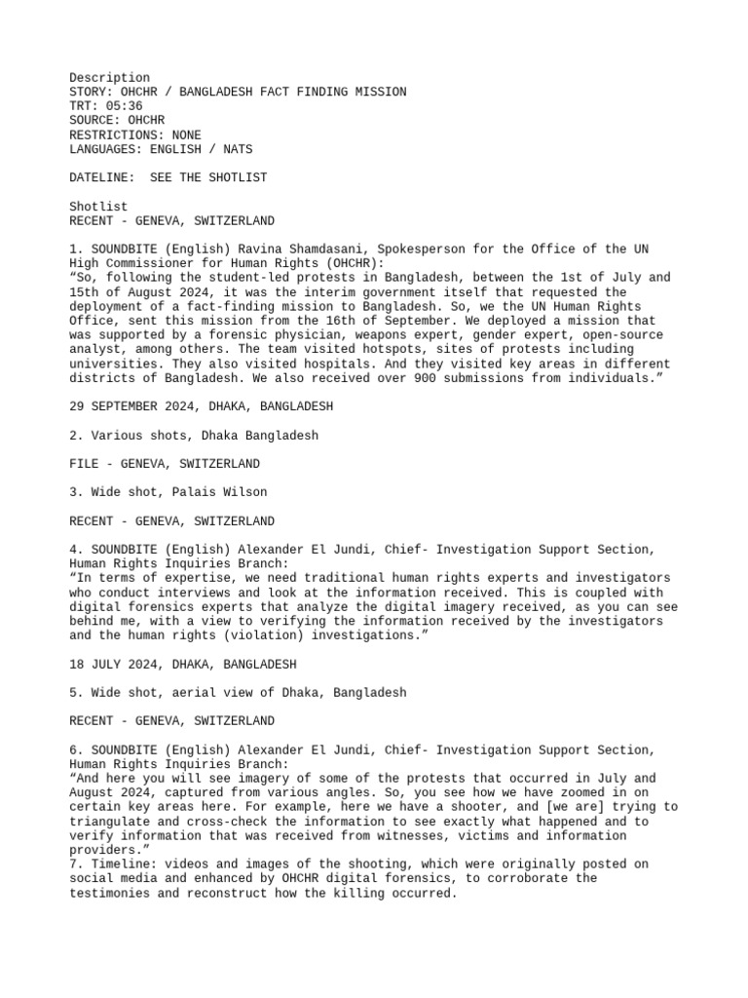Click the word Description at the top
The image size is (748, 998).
110,78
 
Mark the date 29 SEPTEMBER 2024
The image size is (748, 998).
131,406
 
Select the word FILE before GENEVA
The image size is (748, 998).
84,464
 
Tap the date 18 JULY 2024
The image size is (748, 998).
117,664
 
